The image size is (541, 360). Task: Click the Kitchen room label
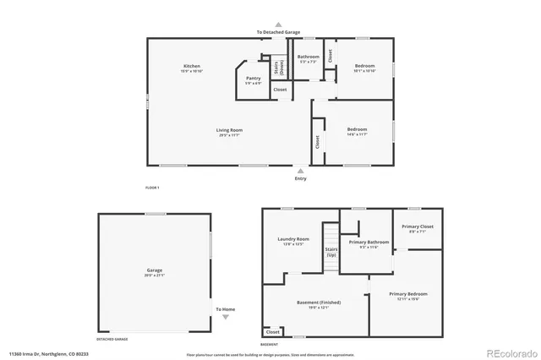click(x=192, y=66)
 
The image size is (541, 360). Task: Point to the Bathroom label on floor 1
click(x=308, y=57)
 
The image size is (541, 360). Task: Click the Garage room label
click(x=154, y=270)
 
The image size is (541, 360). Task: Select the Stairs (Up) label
click(x=331, y=252)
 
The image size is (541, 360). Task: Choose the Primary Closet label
click(x=417, y=226)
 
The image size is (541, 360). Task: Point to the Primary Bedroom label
click(x=408, y=294)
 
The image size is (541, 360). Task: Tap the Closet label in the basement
click(x=272, y=332)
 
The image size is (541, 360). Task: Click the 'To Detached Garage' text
click(x=278, y=32)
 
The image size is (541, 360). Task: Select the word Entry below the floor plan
click(x=300, y=178)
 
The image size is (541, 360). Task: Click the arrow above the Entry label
click(x=300, y=170)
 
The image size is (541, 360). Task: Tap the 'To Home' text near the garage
click(x=225, y=309)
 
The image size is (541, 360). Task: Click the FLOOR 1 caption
click(x=152, y=186)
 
